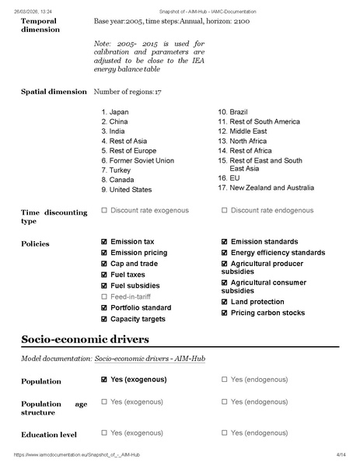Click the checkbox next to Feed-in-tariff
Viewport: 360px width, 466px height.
[x=104, y=296]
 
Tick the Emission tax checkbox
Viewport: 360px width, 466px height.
[x=104, y=242]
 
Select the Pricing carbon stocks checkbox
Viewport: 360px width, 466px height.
[x=225, y=313]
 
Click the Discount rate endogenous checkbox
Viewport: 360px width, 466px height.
[x=225, y=210]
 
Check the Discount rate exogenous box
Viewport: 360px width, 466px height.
[x=104, y=210]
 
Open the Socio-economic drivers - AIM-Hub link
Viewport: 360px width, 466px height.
[x=149, y=358]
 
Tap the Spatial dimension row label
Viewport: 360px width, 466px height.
[x=54, y=92]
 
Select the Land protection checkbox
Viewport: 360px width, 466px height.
[x=225, y=302]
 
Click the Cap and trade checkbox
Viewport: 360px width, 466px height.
[x=104, y=264]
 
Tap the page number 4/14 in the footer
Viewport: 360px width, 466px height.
[x=340, y=454]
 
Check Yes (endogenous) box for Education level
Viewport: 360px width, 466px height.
[x=225, y=432]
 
